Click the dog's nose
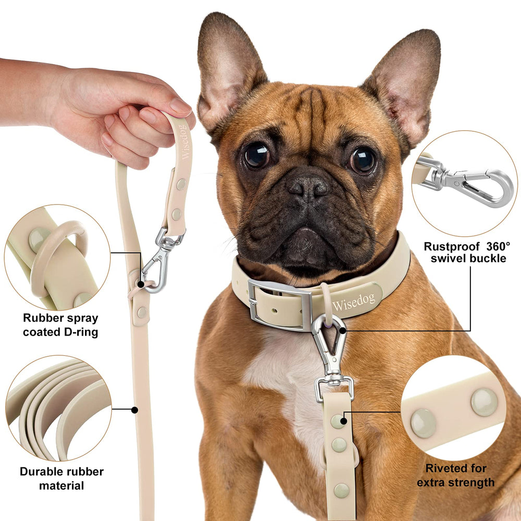[308, 185]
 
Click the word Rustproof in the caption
[449, 246]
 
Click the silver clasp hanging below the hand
[158, 260]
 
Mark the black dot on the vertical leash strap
[134, 410]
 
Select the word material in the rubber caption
[61, 486]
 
